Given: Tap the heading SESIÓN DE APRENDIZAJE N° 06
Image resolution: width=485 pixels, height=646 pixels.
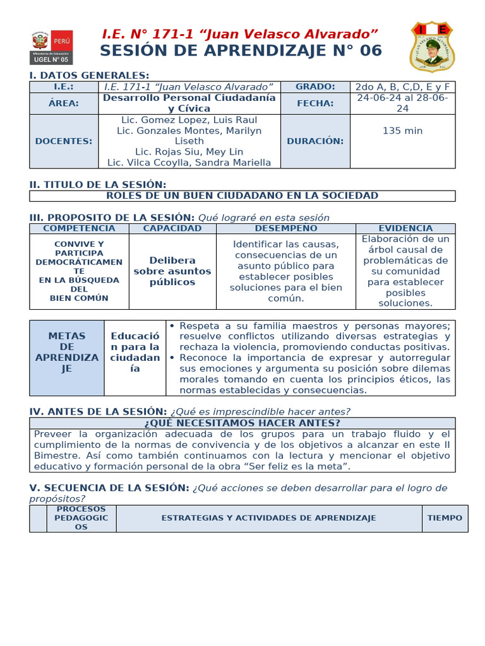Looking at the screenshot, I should tap(241, 51).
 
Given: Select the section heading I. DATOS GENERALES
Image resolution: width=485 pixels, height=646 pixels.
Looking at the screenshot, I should tap(89, 75).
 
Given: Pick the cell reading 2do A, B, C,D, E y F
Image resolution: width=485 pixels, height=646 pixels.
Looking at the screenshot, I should tap(402, 87).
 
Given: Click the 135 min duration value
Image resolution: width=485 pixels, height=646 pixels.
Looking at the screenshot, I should tap(402, 131).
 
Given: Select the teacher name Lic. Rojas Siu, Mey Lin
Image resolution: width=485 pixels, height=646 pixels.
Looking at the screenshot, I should tap(189, 152).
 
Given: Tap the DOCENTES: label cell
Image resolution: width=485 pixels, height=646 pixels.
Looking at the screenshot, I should tap(64, 141).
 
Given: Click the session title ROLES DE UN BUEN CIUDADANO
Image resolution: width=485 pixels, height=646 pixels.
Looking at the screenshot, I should tap(242, 196).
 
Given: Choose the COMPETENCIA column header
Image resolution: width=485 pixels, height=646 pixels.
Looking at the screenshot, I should tap(79, 228).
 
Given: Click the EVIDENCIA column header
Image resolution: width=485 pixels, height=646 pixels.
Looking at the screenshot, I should tap(405, 228).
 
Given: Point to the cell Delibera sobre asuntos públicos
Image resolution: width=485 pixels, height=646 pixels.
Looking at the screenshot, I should tap(172, 271).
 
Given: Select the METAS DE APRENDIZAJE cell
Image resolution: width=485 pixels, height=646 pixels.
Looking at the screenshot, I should tap(67, 358).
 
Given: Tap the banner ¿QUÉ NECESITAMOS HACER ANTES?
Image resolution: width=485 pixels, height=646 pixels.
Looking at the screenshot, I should tap(242, 423).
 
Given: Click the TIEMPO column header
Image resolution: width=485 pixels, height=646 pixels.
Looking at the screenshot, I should tap(445, 518).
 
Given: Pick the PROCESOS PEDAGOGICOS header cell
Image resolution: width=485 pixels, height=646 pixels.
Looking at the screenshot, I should tap(81, 518).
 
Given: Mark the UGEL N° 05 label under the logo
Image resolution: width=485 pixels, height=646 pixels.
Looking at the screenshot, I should tap(52, 59).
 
